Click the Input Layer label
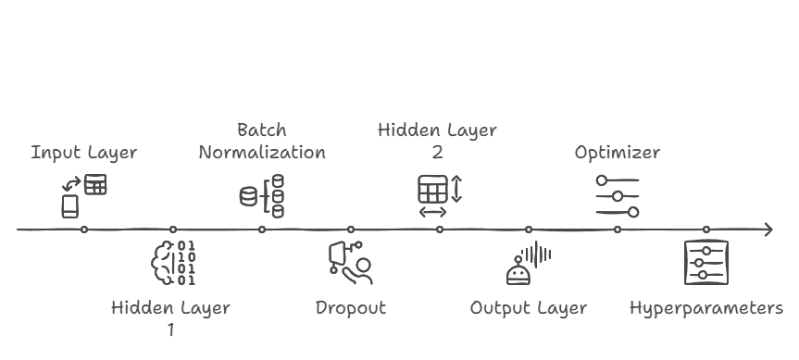tap(84, 153)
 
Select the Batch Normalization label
tap(262, 142)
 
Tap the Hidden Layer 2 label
tap(438, 142)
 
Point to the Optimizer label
tap(618, 153)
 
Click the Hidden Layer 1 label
tap(171, 317)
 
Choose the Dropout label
tap(350, 308)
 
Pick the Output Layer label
tap(529, 308)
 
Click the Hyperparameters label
tap(706, 308)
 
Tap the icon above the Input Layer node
tap(83, 195)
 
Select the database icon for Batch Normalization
tap(262, 195)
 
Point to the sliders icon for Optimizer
tap(618, 195)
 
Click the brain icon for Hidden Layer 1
tap(173, 263)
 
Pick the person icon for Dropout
tap(350, 263)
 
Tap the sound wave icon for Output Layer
tap(529, 263)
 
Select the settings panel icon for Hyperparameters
tap(706, 263)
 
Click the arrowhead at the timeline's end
tap(768, 230)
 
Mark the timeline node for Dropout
tap(351, 230)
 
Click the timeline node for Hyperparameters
tap(706, 230)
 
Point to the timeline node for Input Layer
tap(84, 230)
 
